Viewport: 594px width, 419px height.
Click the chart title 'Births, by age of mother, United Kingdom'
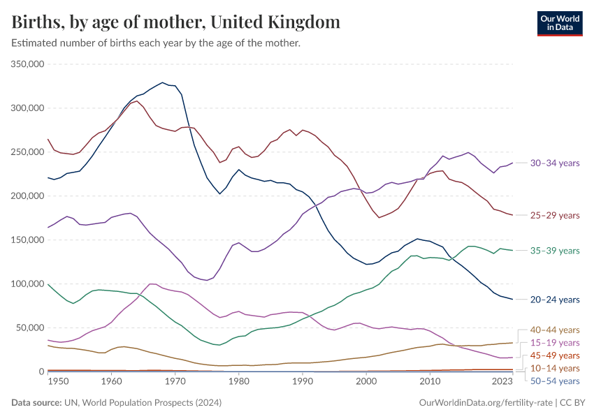click(x=176, y=22)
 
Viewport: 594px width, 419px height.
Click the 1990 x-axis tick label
click(x=302, y=382)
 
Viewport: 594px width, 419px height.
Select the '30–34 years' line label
click(x=555, y=163)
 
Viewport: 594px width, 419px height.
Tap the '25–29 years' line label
click(x=555, y=215)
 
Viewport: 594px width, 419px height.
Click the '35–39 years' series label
click(x=555, y=251)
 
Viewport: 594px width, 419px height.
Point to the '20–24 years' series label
click(x=555, y=300)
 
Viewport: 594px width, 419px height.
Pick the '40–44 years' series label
click(x=555, y=330)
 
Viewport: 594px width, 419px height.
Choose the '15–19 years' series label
click(x=555, y=343)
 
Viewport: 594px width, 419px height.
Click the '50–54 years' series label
click(x=555, y=381)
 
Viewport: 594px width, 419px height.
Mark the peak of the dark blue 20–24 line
click(x=163, y=82)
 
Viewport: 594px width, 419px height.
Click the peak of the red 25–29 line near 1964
click(x=137, y=101)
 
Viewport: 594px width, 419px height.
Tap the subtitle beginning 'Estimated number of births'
click(x=156, y=43)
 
